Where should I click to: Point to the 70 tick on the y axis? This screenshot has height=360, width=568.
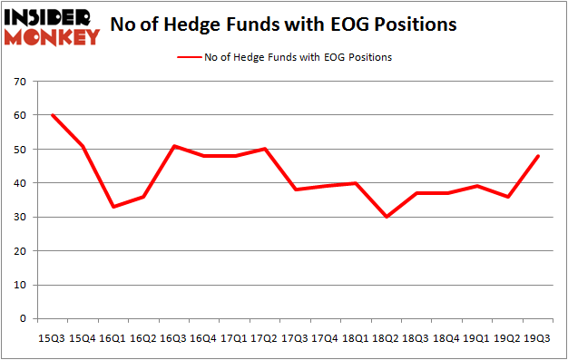point(19,82)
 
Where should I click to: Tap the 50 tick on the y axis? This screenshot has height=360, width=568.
point(19,150)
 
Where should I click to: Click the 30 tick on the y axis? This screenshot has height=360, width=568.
point(19,218)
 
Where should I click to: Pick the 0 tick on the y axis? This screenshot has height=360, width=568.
point(22,319)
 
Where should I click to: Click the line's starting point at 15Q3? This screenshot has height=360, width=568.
point(53,115)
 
